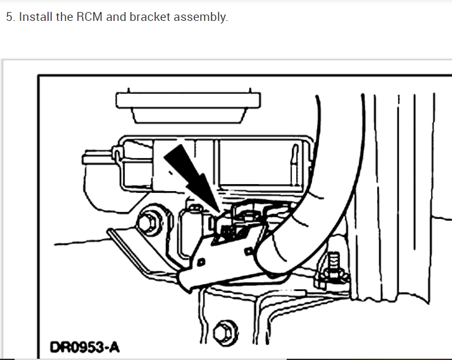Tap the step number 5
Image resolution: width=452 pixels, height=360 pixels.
(x=9, y=17)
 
